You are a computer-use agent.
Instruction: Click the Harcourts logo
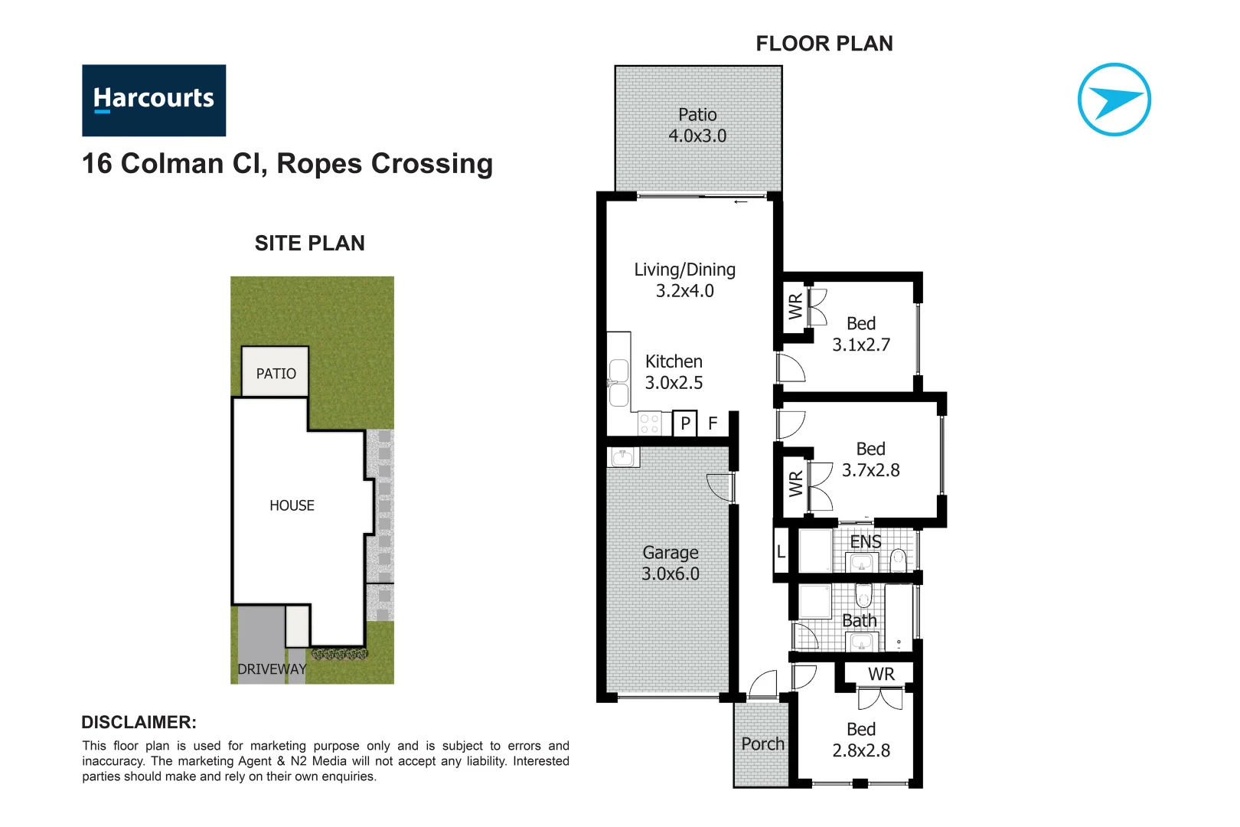(x=154, y=100)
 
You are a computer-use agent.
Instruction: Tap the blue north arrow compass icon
(x=1114, y=100)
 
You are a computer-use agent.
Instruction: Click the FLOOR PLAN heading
(x=824, y=44)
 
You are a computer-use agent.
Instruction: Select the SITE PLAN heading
(x=309, y=244)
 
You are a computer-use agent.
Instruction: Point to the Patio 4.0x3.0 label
(x=697, y=126)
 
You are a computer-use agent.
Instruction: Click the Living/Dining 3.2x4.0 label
(x=684, y=280)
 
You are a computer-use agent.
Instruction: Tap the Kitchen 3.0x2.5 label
(x=674, y=372)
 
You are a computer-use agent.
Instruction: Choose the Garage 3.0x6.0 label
(x=671, y=564)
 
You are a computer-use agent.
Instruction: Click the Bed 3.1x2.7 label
(x=861, y=335)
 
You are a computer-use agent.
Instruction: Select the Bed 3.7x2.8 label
(x=870, y=459)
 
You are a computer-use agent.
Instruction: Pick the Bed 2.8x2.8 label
(x=861, y=740)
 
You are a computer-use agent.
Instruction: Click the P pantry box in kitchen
(x=685, y=423)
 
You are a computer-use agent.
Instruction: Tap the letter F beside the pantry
(x=713, y=423)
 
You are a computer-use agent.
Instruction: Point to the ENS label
(x=866, y=542)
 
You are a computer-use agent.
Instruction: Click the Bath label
(x=859, y=620)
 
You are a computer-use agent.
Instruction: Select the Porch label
(x=762, y=744)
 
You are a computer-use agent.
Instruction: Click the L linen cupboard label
(x=781, y=551)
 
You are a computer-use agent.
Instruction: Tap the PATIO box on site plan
(x=276, y=373)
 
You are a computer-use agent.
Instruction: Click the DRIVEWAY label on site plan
(x=272, y=669)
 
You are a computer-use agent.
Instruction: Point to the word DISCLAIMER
(x=139, y=722)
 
